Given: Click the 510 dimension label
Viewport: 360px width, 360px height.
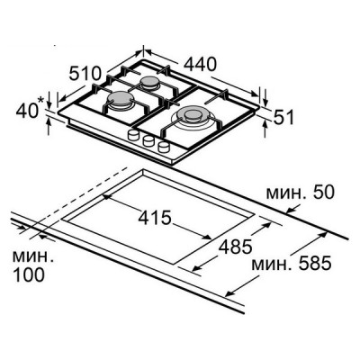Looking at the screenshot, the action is click(85, 73).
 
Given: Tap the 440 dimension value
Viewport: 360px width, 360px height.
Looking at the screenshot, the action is click(200, 64).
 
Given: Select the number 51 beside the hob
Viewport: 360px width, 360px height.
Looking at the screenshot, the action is click(283, 117).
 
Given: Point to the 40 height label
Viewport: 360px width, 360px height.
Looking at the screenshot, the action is click(26, 111).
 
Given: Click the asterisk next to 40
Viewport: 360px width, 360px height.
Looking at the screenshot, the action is click(41, 101).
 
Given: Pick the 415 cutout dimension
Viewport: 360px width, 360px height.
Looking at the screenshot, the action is click(155, 218).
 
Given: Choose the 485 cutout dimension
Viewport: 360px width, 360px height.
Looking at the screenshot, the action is click(235, 247).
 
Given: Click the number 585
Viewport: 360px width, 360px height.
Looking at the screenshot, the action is click(315, 263).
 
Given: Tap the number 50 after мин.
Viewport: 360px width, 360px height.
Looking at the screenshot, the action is click(322, 192).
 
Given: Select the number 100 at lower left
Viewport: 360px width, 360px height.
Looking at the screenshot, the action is click(29, 274).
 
